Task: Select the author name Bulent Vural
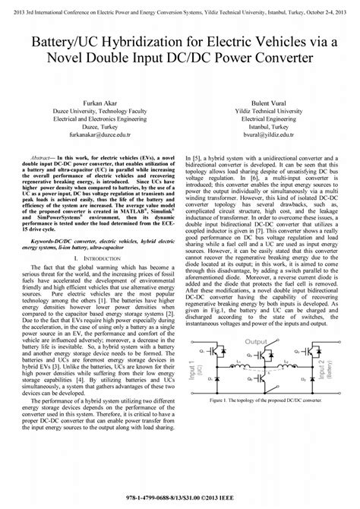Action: pos(266,101)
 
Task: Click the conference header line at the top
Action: pos(180,5)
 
